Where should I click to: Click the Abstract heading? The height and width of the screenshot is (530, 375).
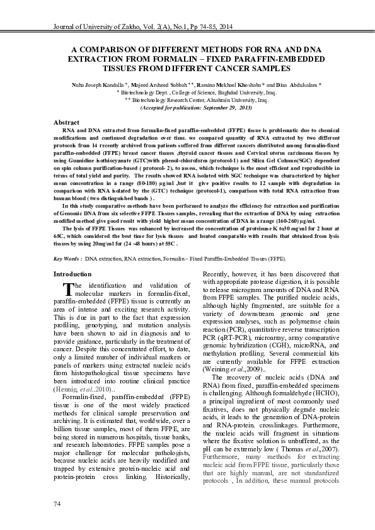tap(66, 121)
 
